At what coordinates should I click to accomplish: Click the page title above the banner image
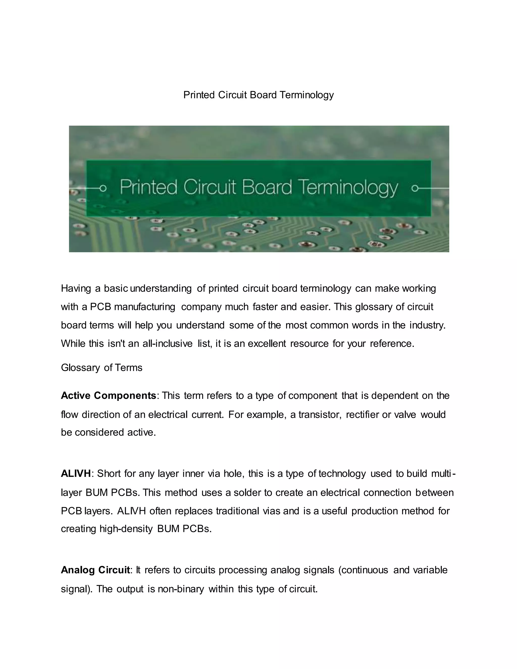click(258, 95)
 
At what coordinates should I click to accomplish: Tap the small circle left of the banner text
click(103, 188)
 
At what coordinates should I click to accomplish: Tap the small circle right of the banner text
click(415, 188)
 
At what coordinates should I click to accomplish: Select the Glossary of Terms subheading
click(102, 368)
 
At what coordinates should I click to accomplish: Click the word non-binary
click(181, 589)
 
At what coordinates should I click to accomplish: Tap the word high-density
click(126, 529)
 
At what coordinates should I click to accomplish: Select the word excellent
click(267, 344)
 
